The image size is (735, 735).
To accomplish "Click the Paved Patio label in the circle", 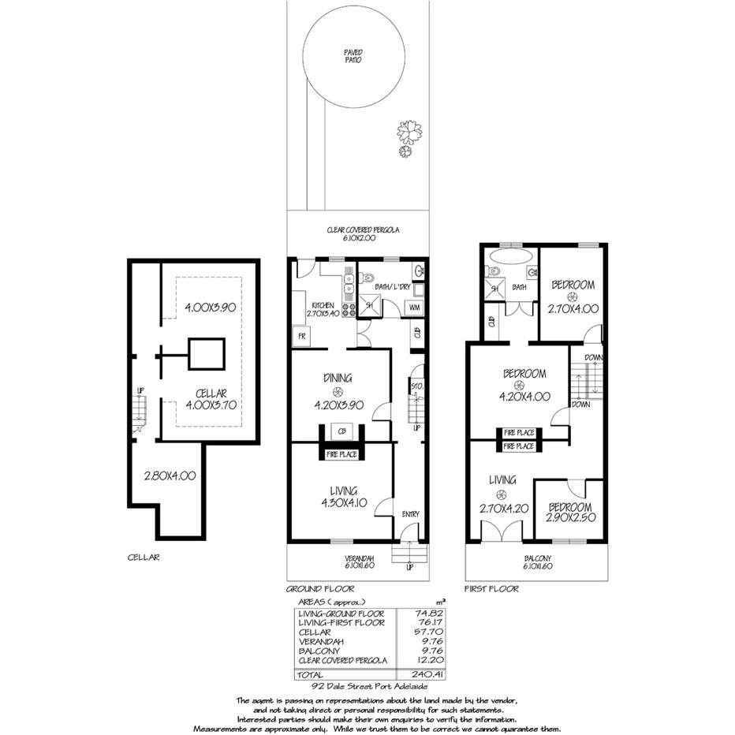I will (353, 55).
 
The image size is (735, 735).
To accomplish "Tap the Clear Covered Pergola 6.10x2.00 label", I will (364, 233).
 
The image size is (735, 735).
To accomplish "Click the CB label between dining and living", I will (341, 431).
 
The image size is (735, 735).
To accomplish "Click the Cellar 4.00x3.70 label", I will (211, 399).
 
